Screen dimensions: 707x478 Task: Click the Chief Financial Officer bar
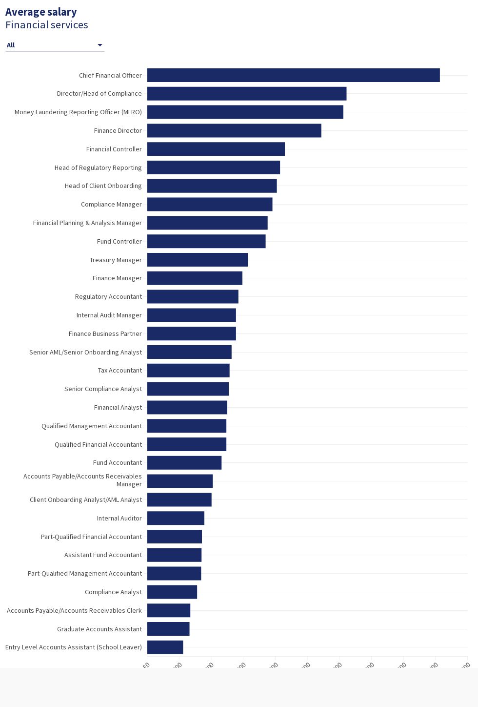[293, 75]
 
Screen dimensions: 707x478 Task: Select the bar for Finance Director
[234, 130]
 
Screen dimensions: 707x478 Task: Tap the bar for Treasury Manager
[198, 260]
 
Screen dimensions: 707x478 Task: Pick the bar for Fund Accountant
[184, 462]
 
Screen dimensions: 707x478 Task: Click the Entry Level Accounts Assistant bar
[165, 647]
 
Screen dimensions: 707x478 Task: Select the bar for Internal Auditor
[176, 518]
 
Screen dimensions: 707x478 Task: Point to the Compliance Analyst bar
[172, 592]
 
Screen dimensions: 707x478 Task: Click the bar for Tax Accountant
[188, 370]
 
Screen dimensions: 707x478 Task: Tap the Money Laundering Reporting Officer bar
[245, 112]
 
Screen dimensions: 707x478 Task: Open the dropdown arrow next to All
[100, 45]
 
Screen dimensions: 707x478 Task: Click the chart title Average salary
[41, 12]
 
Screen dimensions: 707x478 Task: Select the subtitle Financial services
[47, 25]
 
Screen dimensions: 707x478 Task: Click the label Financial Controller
[114, 149]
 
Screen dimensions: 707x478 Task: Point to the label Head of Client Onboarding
[103, 186]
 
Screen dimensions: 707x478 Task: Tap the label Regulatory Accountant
[108, 296]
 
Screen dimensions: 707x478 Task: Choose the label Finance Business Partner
[105, 333]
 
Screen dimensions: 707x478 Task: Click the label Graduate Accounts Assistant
[100, 629]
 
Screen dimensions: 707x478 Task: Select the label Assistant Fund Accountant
[103, 555]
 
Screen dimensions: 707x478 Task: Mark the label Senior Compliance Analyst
[103, 389]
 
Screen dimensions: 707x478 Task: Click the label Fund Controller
[119, 241]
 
